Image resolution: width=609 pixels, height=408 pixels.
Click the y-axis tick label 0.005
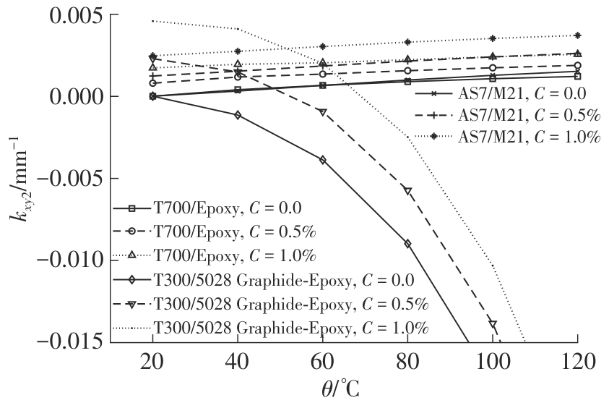[x=65, y=15]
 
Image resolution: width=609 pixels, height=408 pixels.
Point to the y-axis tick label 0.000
[x=65, y=96]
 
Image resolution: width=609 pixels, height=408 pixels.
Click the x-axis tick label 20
[x=153, y=360]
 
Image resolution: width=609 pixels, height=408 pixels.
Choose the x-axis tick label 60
[x=322, y=360]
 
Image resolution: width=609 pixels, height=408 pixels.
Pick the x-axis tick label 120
[x=576, y=360]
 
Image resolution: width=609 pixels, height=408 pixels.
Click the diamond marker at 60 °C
[x=322, y=159]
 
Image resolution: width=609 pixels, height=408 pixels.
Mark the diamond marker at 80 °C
[x=407, y=244]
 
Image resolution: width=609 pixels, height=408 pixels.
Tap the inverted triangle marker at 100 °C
[x=492, y=324]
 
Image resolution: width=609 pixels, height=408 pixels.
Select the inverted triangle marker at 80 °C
[x=407, y=191]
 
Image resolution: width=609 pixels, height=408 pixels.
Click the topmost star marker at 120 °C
[x=576, y=35]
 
